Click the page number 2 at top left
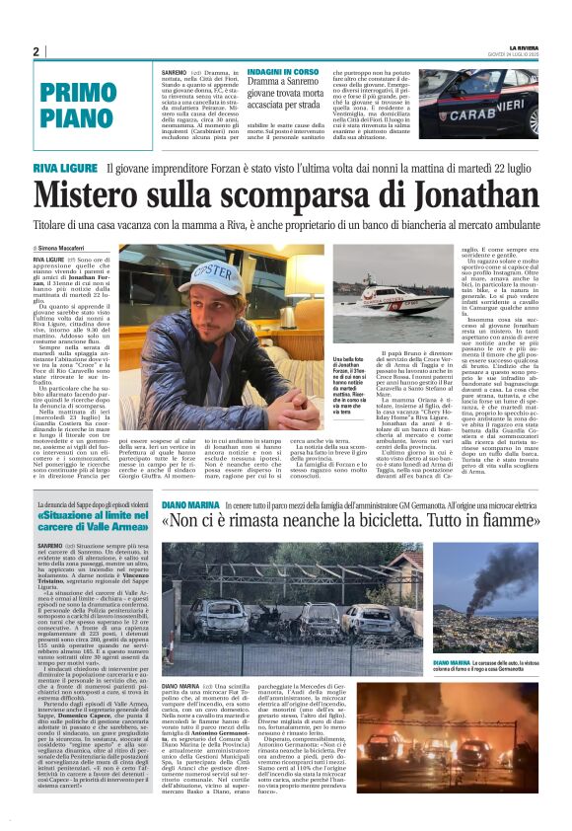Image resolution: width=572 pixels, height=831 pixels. click(36, 52)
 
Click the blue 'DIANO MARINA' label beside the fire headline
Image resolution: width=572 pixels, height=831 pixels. click(190, 505)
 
